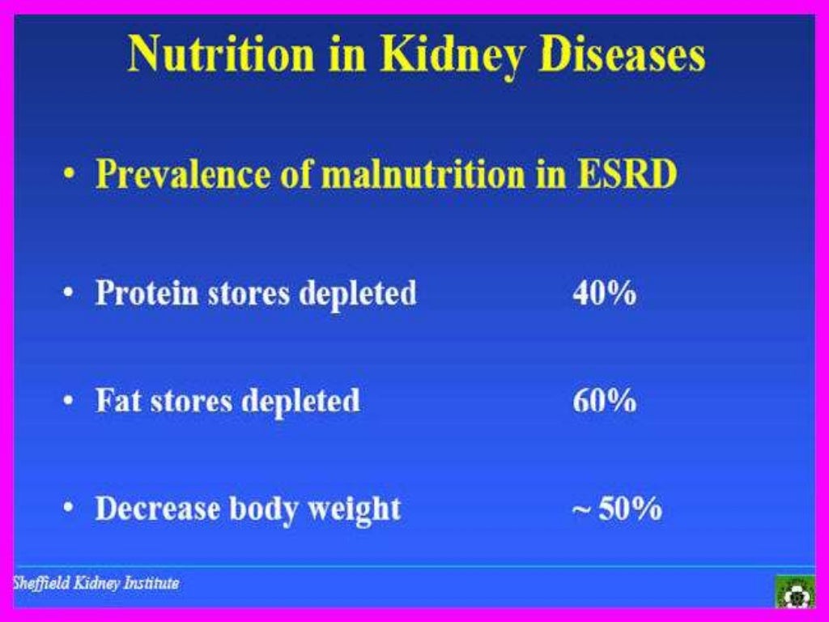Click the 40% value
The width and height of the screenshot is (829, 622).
coord(604,293)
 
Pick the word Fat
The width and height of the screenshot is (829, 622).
coord(117,401)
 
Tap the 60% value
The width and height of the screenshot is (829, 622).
coord(604,401)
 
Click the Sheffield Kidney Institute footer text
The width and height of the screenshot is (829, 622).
coord(95,583)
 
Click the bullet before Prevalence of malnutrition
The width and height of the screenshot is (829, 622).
coord(70,175)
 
